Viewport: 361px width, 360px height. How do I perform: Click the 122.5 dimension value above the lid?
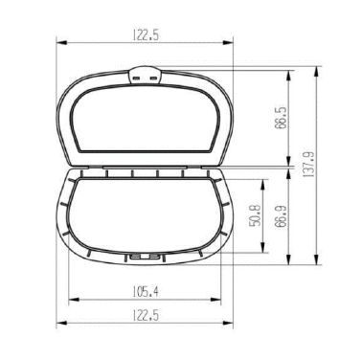146,35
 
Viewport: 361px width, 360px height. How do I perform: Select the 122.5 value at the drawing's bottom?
146,316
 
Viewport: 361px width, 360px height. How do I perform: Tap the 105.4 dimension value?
146,292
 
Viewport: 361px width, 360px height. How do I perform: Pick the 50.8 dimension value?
255,215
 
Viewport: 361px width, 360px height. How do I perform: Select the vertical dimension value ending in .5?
281,118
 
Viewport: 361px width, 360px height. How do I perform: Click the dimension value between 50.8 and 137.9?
281,215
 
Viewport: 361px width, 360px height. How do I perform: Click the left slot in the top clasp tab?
137,79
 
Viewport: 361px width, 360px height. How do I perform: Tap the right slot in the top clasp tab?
154,79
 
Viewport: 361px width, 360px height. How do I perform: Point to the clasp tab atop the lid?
146,76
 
